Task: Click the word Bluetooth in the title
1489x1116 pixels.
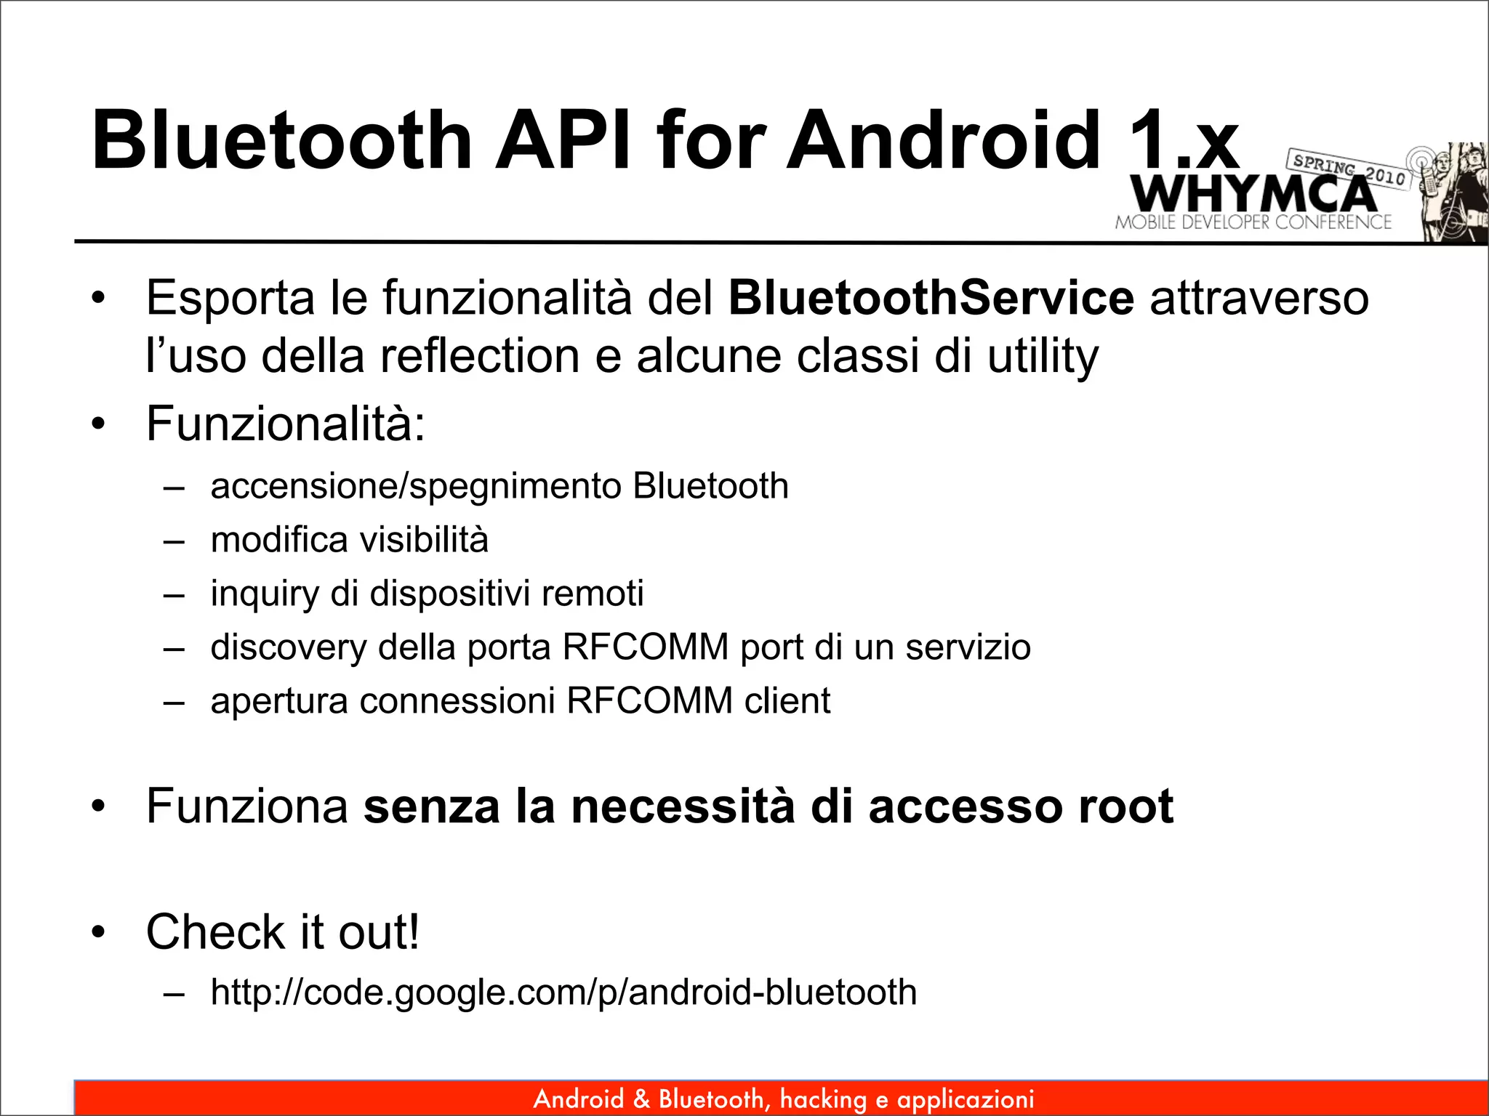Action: (282, 139)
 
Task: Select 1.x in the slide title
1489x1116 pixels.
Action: (1183, 139)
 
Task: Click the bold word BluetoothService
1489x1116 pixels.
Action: (931, 298)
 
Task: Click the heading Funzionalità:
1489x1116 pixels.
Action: (285, 424)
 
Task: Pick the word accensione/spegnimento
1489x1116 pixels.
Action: (415, 486)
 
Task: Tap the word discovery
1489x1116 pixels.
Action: (288, 647)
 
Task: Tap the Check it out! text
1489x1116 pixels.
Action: (283, 932)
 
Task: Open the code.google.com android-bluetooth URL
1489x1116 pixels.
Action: (563, 992)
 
